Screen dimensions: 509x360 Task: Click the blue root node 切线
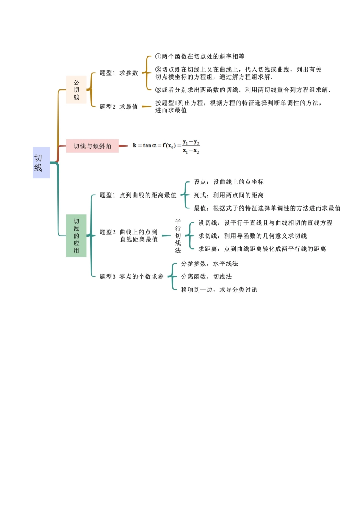41,162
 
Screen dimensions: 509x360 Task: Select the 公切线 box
76,90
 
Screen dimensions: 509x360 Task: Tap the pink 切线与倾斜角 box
92,146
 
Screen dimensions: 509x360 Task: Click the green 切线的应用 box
76,236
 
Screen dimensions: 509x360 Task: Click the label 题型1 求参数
119,73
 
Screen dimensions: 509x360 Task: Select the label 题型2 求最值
119,107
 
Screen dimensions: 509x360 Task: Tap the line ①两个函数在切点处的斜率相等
200,57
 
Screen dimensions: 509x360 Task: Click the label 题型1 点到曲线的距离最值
138,195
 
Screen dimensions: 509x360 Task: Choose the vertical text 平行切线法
178,236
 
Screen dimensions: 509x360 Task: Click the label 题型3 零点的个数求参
131,277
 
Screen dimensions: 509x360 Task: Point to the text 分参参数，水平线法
210,264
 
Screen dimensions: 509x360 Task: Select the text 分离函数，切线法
206,277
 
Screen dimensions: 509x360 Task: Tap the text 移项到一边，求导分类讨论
219,290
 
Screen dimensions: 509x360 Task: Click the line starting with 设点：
229,182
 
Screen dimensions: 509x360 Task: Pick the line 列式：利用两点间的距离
229,195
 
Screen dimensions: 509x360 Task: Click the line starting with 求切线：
252,236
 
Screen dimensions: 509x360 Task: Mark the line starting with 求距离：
262,249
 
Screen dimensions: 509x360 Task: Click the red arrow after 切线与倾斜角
124,146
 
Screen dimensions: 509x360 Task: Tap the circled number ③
158,90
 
